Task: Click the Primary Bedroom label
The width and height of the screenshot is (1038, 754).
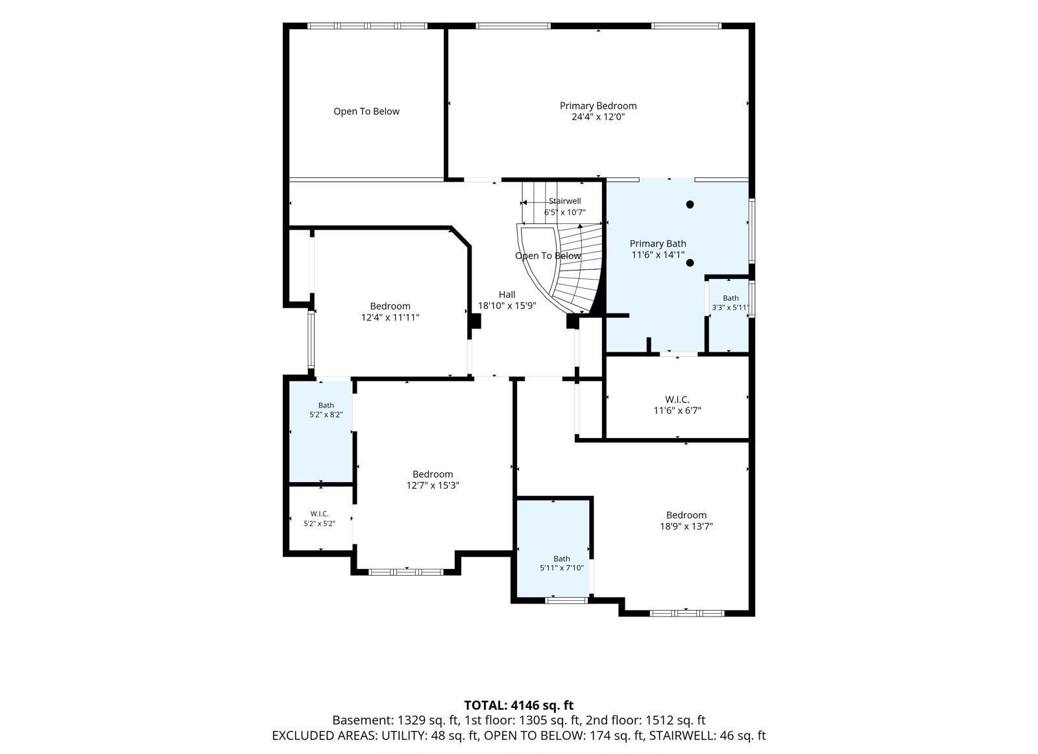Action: [597, 106]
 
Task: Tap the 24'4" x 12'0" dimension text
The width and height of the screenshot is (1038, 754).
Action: [597, 117]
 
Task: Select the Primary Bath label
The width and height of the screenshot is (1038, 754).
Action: [658, 244]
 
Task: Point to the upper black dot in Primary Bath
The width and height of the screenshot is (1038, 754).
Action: [690, 204]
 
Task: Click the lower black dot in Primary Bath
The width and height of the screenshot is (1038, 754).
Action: [690, 263]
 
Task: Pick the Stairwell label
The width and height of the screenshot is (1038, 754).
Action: [564, 201]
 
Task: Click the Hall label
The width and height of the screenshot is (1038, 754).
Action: [507, 295]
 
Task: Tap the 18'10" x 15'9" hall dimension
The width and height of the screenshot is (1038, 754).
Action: [507, 306]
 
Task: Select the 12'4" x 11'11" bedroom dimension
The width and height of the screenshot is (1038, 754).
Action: [390, 317]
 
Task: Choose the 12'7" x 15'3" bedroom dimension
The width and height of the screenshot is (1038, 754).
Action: [432, 485]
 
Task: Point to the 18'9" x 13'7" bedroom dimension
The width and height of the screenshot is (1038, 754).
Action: [686, 526]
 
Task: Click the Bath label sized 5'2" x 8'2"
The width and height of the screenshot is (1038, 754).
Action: [326, 406]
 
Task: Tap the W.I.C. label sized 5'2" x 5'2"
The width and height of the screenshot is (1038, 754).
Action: [319, 514]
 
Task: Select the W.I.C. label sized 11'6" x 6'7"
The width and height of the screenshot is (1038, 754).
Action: [677, 400]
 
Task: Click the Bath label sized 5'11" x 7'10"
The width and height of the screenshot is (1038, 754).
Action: [561, 559]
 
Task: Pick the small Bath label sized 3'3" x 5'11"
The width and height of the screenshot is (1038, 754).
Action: [730, 298]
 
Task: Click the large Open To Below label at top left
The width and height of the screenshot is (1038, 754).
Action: [366, 112]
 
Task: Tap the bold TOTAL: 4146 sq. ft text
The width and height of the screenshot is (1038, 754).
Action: [518, 705]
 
